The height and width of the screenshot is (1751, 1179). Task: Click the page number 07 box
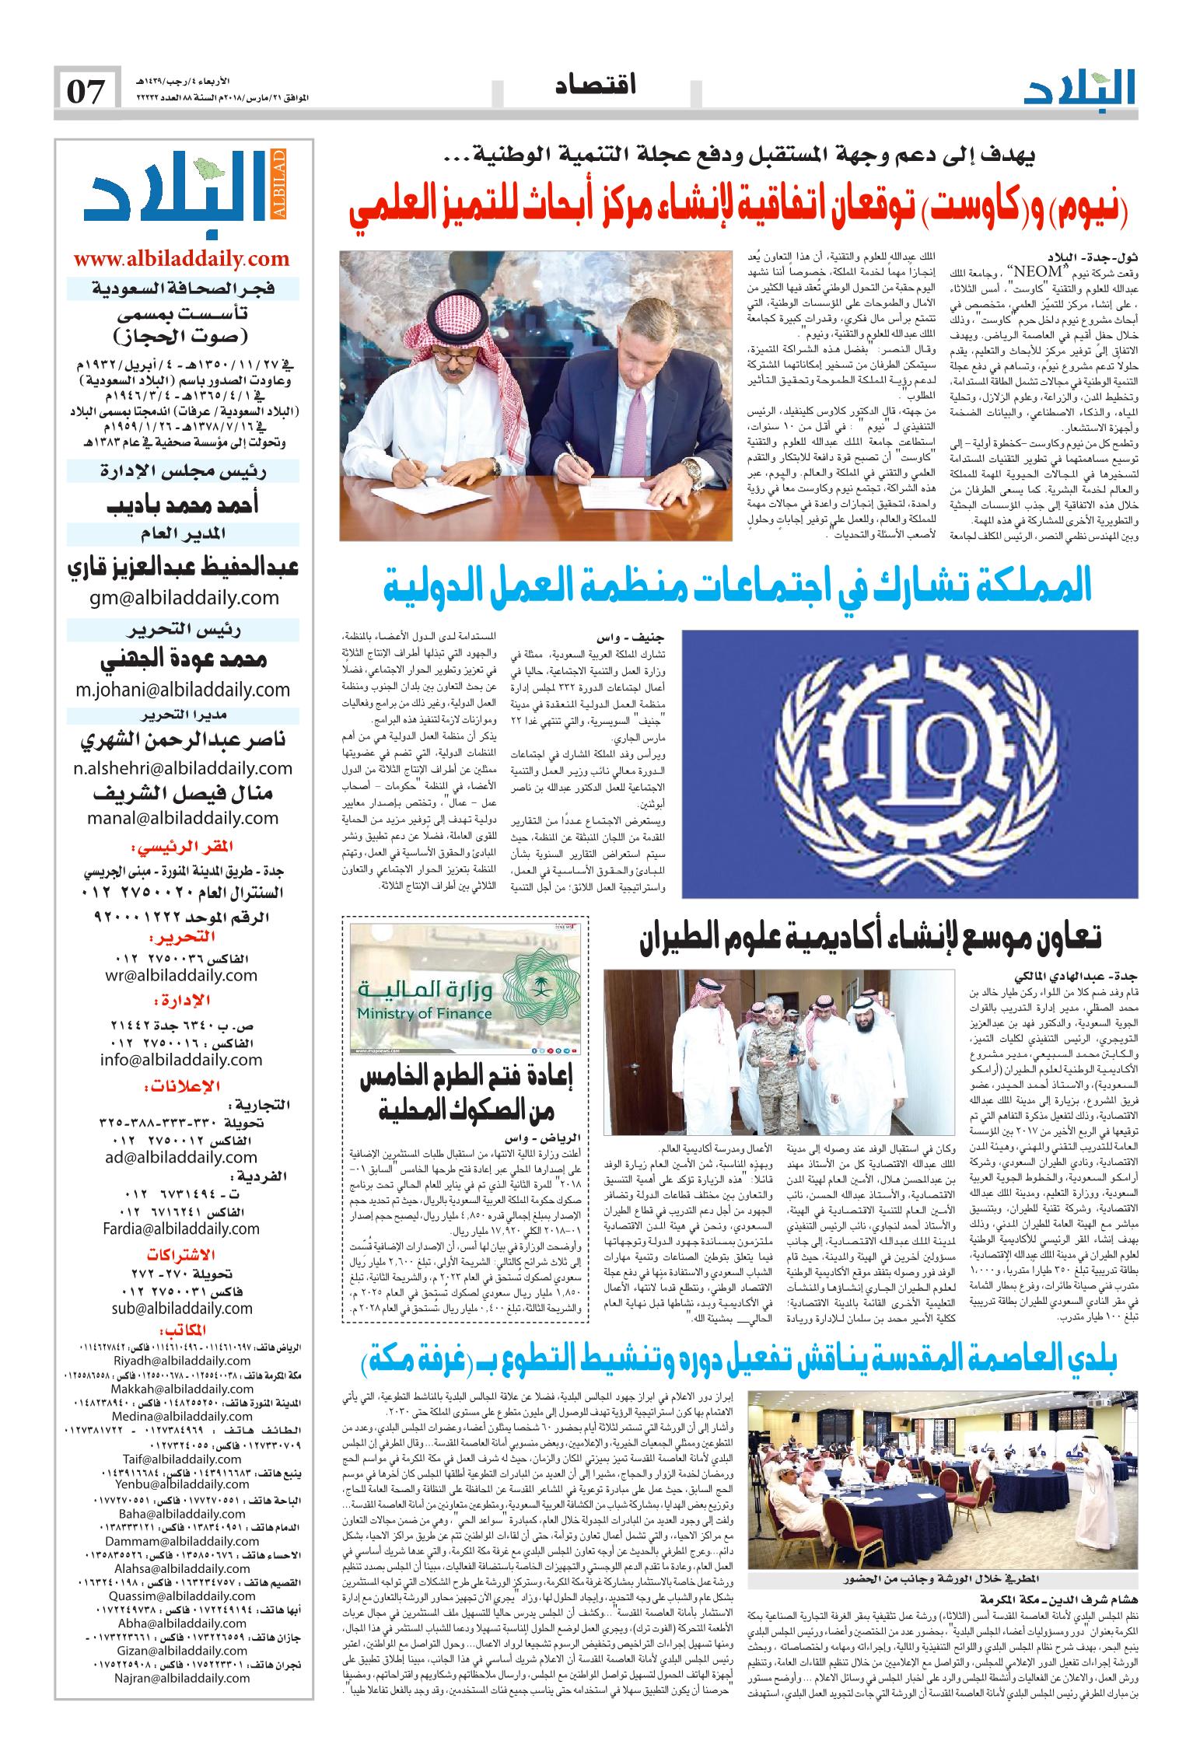coord(86,93)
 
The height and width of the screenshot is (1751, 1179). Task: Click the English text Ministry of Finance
coord(425,1013)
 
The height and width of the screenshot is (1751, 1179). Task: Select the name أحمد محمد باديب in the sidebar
coord(184,505)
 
